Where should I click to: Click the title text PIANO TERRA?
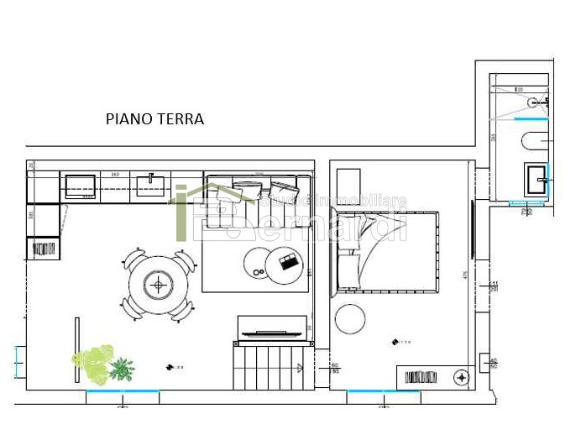[x=154, y=119]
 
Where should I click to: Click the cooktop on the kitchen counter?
[x=81, y=185]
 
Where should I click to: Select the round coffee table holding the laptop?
[x=284, y=265]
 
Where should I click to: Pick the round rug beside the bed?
[x=350, y=318]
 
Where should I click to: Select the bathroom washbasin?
[x=535, y=180]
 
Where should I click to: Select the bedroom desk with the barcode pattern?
[x=433, y=377]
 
